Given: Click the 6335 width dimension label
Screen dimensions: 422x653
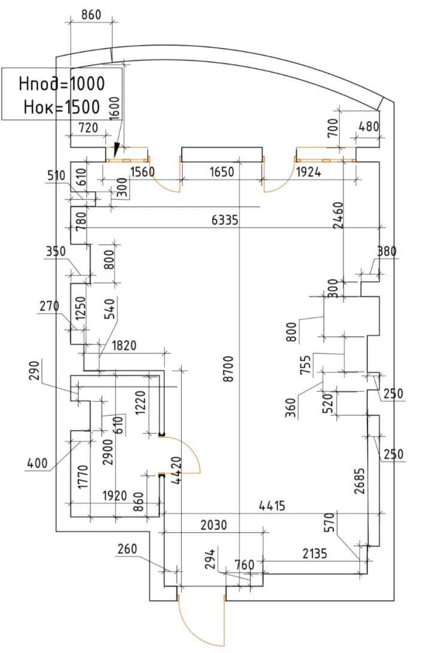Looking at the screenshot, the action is tap(225, 219).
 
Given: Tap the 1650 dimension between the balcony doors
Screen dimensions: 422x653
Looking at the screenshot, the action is tap(221, 171).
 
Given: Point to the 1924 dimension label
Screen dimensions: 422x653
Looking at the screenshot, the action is tap(308, 171).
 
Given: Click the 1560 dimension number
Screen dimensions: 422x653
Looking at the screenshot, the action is tap(143, 171).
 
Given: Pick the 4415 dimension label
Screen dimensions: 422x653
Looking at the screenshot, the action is tap(272, 506).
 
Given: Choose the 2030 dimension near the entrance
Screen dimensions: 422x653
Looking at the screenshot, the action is tap(214, 525).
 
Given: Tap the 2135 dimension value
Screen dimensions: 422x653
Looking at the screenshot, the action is tap(315, 554).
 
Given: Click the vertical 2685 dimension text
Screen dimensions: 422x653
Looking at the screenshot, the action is tap(360, 481).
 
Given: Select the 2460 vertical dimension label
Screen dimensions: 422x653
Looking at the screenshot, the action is tap(339, 215).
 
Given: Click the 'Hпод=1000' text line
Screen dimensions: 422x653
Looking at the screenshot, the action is tap(62, 84).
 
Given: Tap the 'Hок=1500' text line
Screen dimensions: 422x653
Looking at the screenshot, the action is tap(62, 107).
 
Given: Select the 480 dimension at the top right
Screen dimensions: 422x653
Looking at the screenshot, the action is tap(369, 126).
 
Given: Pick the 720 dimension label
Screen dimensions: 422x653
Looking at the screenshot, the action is tap(88, 128).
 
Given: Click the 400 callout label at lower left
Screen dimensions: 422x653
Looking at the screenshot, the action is tap(38, 462).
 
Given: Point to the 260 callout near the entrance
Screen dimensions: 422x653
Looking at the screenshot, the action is tap(128, 549).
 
